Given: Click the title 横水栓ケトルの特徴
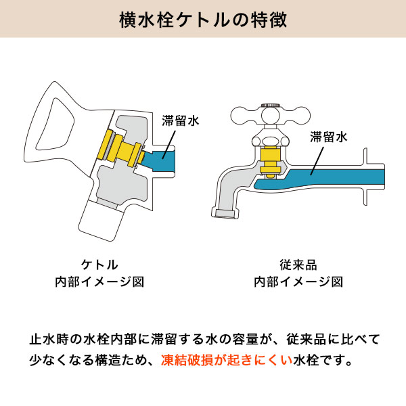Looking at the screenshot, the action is (x=203, y=20).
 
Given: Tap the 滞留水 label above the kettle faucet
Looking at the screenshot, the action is (x=181, y=120).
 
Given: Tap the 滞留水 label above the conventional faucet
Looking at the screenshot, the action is (x=329, y=137).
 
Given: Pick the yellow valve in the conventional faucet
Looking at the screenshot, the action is (x=270, y=162).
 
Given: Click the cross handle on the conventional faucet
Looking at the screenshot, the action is (x=270, y=116).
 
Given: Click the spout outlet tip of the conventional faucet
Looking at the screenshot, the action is (x=225, y=213).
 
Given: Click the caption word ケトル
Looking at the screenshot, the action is (x=99, y=265).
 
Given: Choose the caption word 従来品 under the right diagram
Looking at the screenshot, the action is (x=298, y=265).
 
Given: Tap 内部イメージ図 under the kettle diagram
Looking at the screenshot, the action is (x=99, y=281).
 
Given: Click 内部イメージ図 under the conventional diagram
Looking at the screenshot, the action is (x=298, y=281).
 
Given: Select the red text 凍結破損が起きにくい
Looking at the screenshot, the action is (x=227, y=360).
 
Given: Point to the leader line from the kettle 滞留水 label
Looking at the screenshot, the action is (x=168, y=145).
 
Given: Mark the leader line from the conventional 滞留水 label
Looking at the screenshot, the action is (x=317, y=161).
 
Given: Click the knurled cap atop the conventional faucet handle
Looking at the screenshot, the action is (x=270, y=105).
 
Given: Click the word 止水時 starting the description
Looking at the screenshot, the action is (x=49, y=339).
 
